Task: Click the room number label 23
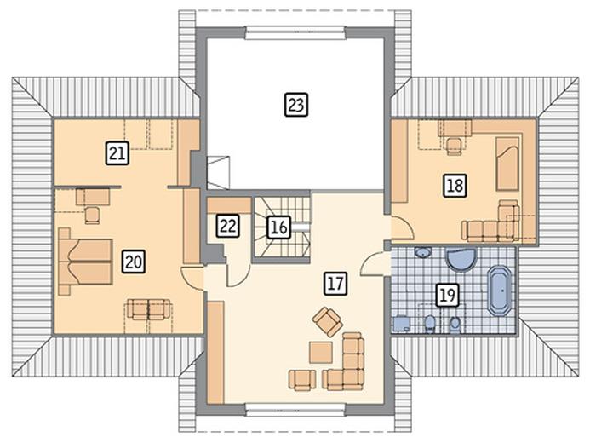point(296,105)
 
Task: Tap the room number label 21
point(117,153)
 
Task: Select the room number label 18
point(455,186)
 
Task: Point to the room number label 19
point(447,295)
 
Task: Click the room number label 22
point(228,226)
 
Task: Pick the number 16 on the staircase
point(278,227)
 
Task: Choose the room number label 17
point(335,283)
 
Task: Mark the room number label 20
point(134,262)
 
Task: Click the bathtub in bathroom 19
point(500,291)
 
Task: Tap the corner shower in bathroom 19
point(460,259)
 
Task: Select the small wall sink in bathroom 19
point(423,252)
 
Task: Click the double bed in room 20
point(85,262)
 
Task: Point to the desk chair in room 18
point(454,147)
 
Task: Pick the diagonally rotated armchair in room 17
point(328,321)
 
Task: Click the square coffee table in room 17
point(321,353)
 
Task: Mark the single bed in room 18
point(507,164)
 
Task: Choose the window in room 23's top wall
point(295,32)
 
